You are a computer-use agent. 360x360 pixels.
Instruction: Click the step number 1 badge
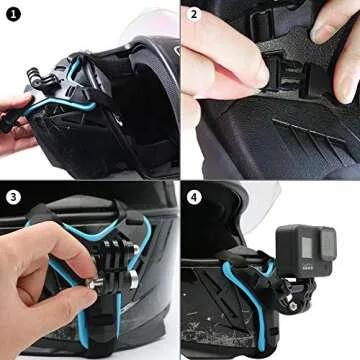(x=12, y=13)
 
